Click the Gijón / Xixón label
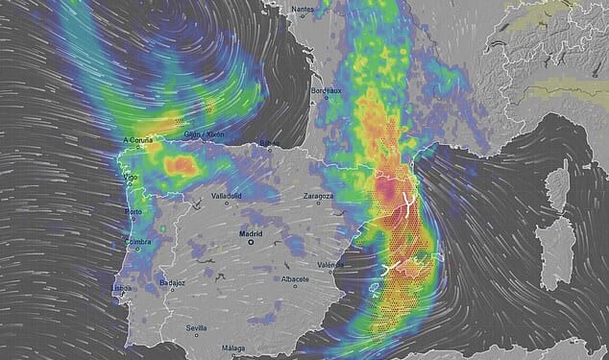pos(206,135)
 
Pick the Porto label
pos(133,211)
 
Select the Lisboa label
pos(121,287)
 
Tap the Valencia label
pos(330,264)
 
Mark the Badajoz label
pos(173,282)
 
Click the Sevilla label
pos(196,327)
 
